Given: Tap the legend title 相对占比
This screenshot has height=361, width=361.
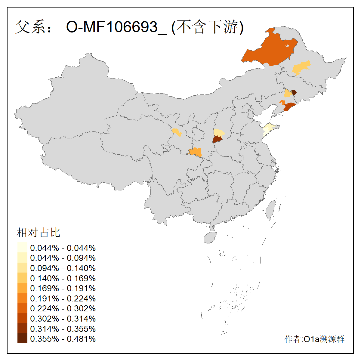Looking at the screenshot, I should pyautogui.click(x=39, y=233).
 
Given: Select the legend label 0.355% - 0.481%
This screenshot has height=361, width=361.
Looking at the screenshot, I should pyautogui.click(x=63, y=339).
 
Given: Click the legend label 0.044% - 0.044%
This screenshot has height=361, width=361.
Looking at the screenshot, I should pyautogui.click(x=63, y=248).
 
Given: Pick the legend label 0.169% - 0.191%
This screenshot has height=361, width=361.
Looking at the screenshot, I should pyautogui.click(x=63, y=288).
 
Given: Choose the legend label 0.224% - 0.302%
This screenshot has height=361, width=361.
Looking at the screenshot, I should pyautogui.click(x=63, y=309).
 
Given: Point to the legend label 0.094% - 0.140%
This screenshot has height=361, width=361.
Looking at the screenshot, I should pyautogui.click(x=63, y=268).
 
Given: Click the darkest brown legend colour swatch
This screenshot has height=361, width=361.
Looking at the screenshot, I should pyautogui.click(x=22, y=339).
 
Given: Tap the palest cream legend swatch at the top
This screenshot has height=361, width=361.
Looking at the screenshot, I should pyautogui.click(x=22, y=248).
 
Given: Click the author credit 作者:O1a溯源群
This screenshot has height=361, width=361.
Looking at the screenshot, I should pyautogui.click(x=314, y=339).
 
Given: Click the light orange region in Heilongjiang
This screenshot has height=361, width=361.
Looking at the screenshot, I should pyautogui.click(x=301, y=68).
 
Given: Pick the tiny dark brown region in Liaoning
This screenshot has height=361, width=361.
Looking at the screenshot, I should pyautogui.click(x=294, y=92).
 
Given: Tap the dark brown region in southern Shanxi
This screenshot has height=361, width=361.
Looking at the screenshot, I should pyautogui.click(x=218, y=139).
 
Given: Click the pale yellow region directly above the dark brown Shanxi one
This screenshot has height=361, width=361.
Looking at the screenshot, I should pyautogui.click(x=219, y=132).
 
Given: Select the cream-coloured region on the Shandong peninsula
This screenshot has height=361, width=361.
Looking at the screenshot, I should pyautogui.click(x=268, y=128).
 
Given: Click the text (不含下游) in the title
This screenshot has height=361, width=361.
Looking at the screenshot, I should pyautogui.click(x=208, y=27).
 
